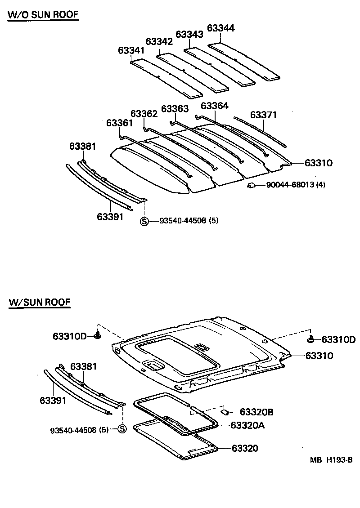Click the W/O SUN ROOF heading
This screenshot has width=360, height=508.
pyautogui.click(x=43, y=15)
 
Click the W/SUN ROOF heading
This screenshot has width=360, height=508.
pyautogui.click(x=39, y=302)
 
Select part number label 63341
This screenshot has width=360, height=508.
pyautogui.click(x=131, y=50)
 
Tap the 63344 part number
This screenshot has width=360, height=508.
pyautogui.click(x=220, y=28)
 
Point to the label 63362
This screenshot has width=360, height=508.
pyautogui.click(x=144, y=114)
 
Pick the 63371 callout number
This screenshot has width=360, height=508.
pyautogui.click(x=263, y=115)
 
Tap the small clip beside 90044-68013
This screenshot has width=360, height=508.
pyautogui.click(x=252, y=185)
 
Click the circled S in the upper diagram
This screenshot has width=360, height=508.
pyautogui.click(x=144, y=221)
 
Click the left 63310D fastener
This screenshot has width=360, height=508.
pyautogui.click(x=98, y=335)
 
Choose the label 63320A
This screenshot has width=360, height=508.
pyautogui.click(x=247, y=425)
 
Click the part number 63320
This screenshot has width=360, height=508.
pyautogui.click(x=245, y=448)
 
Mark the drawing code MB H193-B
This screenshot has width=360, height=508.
pyautogui.click(x=330, y=460)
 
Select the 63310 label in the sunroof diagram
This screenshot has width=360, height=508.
pyautogui.click(x=319, y=356)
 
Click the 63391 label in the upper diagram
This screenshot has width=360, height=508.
pyautogui.click(x=110, y=217)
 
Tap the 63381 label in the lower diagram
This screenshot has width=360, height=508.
pyautogui.click(x=83, y=366)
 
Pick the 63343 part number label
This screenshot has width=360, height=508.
pyautogui.click(x=189, y=34)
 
